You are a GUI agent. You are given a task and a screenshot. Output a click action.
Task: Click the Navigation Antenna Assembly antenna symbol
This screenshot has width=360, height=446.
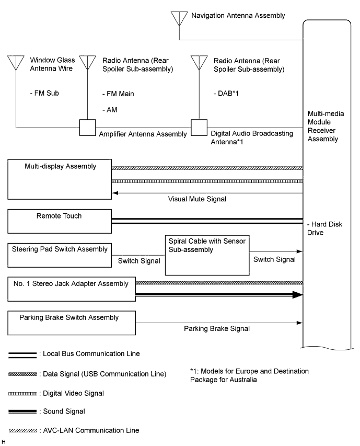(179, 18)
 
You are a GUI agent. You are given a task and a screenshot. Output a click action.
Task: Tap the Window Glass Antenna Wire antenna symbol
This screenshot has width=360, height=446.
(16, 62)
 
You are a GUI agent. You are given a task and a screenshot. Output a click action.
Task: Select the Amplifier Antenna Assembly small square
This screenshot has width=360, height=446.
(86, 127)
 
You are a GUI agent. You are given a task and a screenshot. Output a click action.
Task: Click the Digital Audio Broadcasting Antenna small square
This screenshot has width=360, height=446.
(198, 127)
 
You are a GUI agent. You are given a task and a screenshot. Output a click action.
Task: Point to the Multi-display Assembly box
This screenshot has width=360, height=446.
(60, 179)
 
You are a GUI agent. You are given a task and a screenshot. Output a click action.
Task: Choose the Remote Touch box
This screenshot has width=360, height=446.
(60, 221)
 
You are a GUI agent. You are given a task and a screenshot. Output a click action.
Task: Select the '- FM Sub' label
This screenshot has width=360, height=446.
(44, 94)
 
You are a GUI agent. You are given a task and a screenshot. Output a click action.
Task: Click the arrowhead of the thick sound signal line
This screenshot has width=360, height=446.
(298, 295)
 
